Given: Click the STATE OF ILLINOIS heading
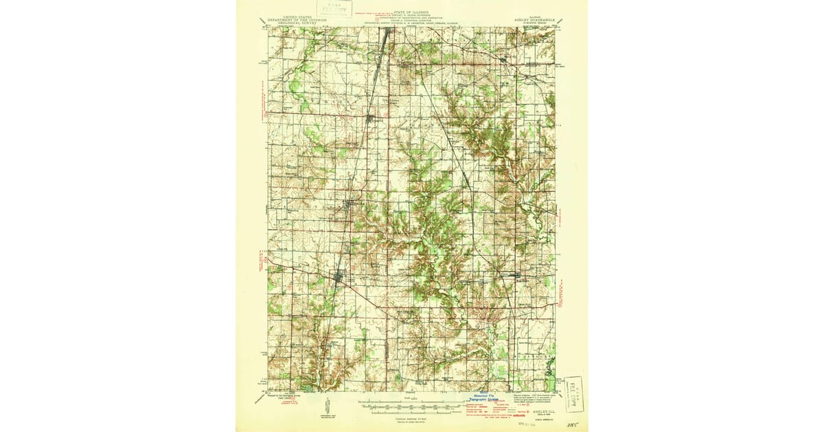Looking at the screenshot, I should pyautogui.click(x=411, y=12).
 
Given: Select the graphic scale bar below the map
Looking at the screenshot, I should pyautogui.click(x=411, y=405).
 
